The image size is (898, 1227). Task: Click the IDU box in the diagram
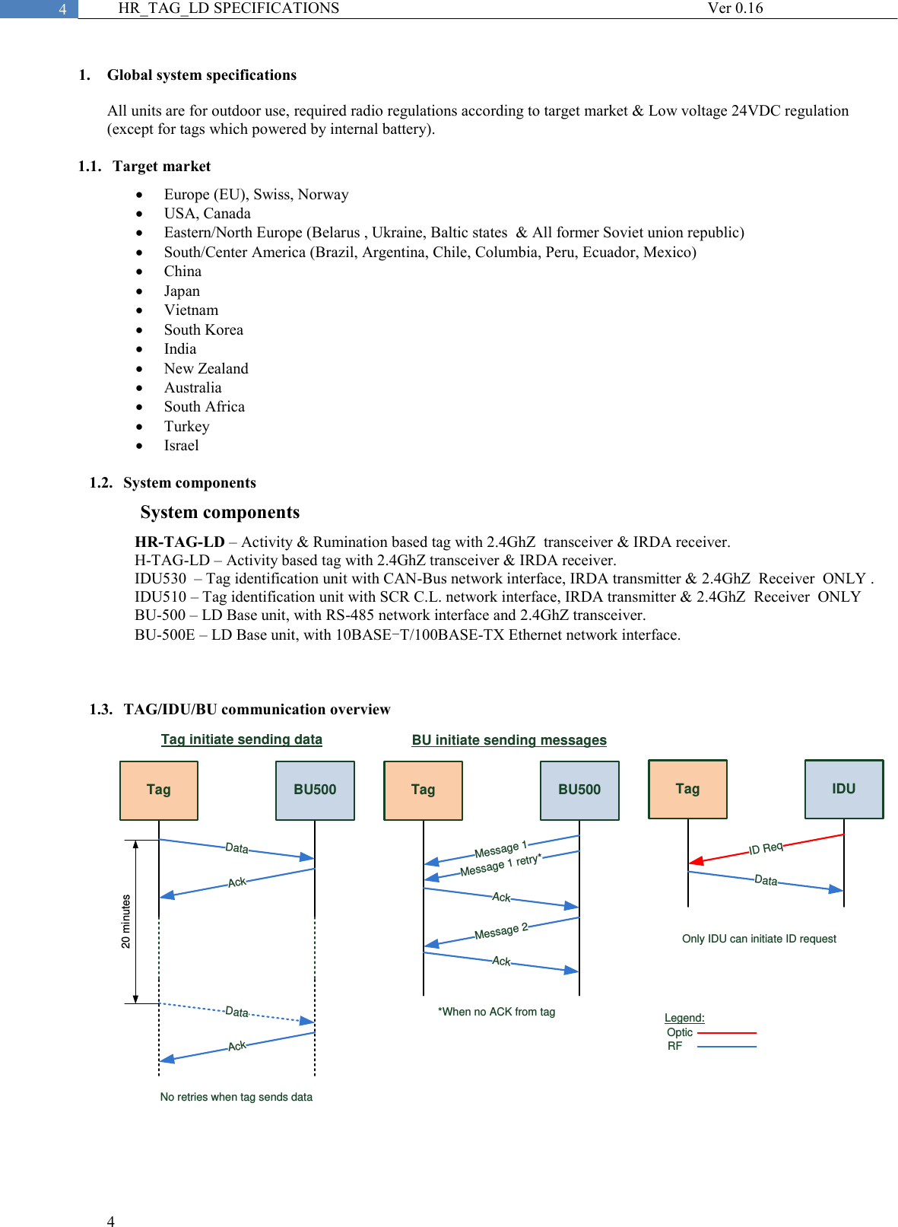(x=844, y=789)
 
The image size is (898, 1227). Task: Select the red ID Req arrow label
(x=766, y=848)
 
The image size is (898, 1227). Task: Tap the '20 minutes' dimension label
(x=126, y=921)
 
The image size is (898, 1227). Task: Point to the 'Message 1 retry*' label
(x=500, y=865)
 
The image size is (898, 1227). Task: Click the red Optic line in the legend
(x=727, y=1033)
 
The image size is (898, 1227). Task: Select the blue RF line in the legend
(x=727, y=1047)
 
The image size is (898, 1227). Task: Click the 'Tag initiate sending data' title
(x=242, y=739)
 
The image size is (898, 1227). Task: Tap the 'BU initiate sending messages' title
(x=509, y=740)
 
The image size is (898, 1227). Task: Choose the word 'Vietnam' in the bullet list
(x=191, y=310)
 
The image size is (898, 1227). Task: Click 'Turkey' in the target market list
(x=186, y=427)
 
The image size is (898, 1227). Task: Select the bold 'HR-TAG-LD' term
(x=179, y=542)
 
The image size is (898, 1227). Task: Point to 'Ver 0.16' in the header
(x=735, y=8)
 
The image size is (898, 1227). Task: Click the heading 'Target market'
(x=162, y=167)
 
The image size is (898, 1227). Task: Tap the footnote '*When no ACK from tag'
(x=497, y=1012)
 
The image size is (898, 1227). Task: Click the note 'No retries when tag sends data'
(x=236, y=1097)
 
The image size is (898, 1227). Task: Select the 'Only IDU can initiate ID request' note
(x=759, y=939)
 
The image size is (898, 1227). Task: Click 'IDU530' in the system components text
(x=160, y=579)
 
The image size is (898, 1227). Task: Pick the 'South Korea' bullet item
(x=204, y=330)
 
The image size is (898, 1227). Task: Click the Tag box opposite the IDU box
(x=687, y=789)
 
